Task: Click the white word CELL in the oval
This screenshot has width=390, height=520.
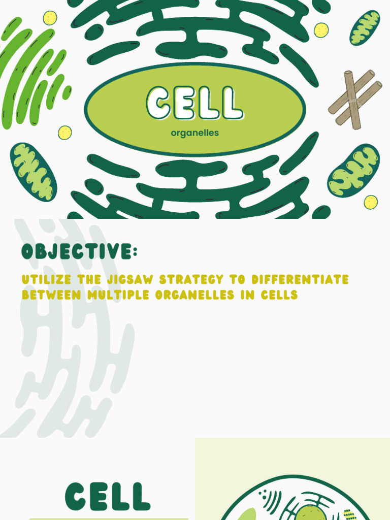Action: pyautogui.click(x=194, y=103)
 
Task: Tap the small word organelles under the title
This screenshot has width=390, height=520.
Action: pyautogui.click(x=195, y=133)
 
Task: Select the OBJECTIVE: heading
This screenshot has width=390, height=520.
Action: pyautogui.click(x=79, y=251)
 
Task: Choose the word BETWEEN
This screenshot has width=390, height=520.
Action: pyautogui.click(x=52, y=295)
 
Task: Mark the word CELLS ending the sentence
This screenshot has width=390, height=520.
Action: pyautogui.click(x=279, y=295)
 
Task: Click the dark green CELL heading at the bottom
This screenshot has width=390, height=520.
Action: pyautogui.click(x=108, y=497)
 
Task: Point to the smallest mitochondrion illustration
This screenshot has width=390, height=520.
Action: pyautogui.click(x=365, y=27)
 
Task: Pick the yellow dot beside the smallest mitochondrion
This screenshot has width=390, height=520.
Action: pyautogui.click(x=321, y=30)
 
